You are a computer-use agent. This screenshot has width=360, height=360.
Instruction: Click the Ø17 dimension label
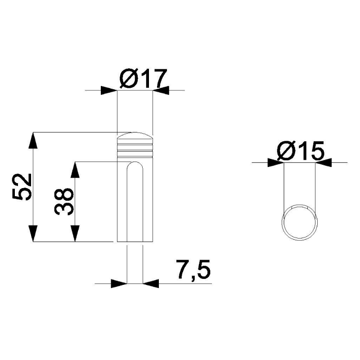coord(143,78)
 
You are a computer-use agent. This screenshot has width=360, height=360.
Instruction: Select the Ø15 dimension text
coord(301,151)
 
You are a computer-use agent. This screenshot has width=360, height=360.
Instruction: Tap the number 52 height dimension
coord(22,187)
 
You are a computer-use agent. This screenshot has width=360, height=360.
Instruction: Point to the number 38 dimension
coord(64,201)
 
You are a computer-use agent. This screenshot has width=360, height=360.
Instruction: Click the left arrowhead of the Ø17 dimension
coord(109,90)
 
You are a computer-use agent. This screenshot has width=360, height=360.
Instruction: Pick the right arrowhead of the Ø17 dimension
coord(161,90)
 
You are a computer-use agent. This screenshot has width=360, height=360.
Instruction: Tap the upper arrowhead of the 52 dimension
coord(33,140)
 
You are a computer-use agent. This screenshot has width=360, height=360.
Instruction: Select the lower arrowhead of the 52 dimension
coord(33,234)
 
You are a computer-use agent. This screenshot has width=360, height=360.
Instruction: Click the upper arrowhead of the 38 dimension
coord(75,170)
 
